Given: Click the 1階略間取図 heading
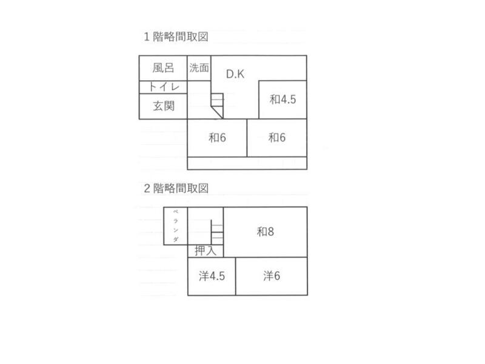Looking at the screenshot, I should (176, 36).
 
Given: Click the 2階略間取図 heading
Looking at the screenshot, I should (176, 188).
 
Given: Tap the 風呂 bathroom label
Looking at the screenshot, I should (163, 68).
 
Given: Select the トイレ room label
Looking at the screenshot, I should (163, 87).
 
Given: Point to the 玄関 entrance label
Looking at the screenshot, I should (163, 106).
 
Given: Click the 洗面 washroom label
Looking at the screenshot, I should (199, 68).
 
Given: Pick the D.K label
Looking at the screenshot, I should (235, 74).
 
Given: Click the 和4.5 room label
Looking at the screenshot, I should (283, 99).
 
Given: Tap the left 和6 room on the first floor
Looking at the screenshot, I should (217, 138).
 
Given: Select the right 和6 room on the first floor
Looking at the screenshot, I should (277, 138).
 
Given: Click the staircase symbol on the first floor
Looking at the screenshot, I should (217, 104).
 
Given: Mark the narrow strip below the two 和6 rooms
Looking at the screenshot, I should (247, 163).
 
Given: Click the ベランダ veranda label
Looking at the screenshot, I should (175, 226).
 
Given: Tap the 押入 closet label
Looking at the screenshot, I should (206, 251).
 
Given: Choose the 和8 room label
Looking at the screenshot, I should (265, 231).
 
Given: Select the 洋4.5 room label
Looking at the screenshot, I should (212, 276).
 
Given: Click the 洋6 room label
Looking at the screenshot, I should (271, 276).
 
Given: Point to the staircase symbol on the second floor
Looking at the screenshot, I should (217, 231).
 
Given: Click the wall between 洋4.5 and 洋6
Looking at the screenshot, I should (236, 276).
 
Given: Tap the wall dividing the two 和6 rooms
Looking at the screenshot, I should (247, 138).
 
